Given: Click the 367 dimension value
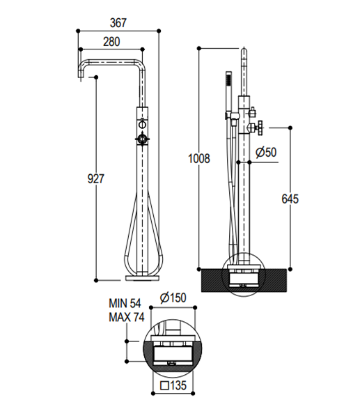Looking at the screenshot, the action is [118, 23].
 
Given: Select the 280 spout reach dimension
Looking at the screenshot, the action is [111, 42].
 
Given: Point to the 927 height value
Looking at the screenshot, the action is [95, 178].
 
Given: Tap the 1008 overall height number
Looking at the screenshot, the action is [199, 159].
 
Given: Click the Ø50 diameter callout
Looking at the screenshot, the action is [266, 152].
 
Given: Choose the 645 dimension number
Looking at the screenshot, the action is [290, 199].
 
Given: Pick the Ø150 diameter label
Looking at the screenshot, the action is [173, 298].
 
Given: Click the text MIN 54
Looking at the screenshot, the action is [125, 303].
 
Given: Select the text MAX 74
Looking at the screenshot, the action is [127, 317].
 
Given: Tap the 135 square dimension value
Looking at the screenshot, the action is [178, 385].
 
